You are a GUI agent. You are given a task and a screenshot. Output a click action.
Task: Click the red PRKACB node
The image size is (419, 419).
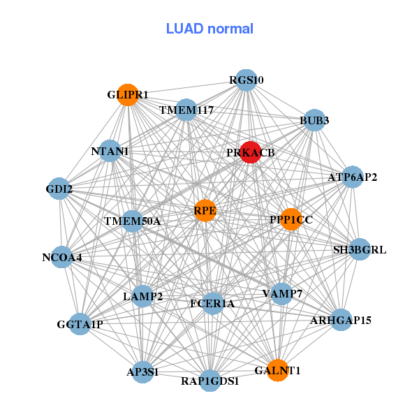point(251,152)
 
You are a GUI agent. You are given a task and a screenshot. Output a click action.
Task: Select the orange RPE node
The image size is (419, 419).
point(205,210)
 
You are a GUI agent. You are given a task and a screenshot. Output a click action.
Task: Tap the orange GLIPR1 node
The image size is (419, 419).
point(128,94)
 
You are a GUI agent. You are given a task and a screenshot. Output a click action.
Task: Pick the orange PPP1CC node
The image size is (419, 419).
point(291,219)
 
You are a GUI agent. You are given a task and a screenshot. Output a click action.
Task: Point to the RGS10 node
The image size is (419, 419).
point(245,80)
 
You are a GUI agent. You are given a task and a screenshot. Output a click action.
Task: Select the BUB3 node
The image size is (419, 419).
point(314,120)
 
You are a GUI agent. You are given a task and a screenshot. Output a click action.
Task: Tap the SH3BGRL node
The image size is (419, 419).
point(359,249)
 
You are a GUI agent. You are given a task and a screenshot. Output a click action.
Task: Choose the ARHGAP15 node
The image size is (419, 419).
point(341,320)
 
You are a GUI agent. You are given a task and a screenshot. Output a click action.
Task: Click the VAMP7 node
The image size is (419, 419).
point(283,293)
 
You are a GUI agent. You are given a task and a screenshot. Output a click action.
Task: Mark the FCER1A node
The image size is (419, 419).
point(212,303)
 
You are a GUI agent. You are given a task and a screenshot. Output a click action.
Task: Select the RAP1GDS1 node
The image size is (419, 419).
point(209,381)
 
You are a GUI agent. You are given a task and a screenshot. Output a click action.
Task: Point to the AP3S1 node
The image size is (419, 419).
point(142,372)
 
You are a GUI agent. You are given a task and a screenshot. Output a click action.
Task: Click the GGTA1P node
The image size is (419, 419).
point(80,323)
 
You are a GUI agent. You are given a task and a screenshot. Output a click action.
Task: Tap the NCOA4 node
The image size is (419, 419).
point(62,257)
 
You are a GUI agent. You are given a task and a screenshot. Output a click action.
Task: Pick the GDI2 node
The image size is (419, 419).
point(59,189)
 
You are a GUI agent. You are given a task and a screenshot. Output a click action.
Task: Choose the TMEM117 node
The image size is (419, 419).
point(186,110)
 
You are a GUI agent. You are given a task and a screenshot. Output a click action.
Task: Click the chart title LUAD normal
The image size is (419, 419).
point(209,29)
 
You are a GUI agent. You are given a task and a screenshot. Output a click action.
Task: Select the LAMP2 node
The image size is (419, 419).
point(142,297)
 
